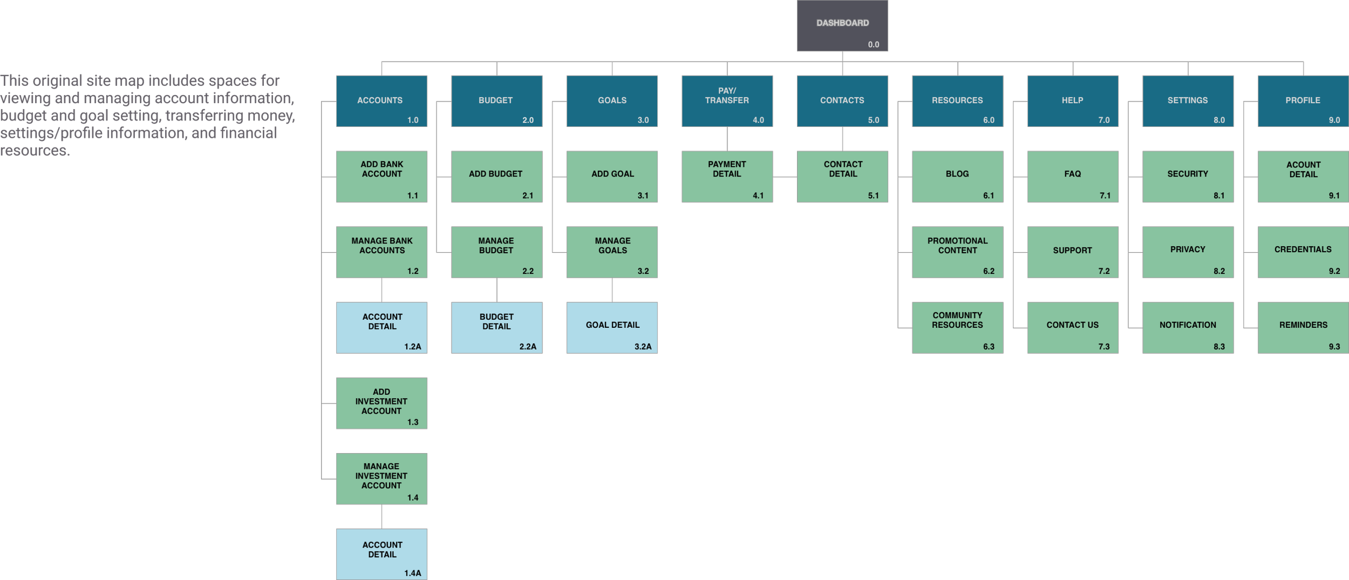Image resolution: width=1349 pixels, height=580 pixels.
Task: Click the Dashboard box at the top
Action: click(x=842, y=25)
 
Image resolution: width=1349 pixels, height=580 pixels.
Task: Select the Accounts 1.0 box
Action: click(x=381, y=101)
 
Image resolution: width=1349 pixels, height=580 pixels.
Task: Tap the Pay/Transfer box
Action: click(x=727, y=101)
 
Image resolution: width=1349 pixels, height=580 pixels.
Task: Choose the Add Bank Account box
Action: click(x=381, y=177)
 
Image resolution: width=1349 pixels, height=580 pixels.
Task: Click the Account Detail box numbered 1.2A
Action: click(x=381, y=328)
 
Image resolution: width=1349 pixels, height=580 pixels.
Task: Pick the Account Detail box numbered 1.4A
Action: click(x=381, y=554)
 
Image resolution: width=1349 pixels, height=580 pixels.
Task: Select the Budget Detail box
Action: click(x=496, y=328)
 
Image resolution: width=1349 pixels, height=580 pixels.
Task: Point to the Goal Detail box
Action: click(x=612, y=328)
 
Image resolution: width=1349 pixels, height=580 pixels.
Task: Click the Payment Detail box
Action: click(x=727, y=177)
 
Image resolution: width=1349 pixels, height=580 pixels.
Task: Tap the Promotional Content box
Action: click(x=957, y=252)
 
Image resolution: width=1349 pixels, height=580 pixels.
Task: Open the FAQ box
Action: click(x=1072, y=177)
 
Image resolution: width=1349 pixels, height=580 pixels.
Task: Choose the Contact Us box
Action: click(x=1072, y=328)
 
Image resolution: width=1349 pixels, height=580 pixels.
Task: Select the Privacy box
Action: click(x=1188, y=252)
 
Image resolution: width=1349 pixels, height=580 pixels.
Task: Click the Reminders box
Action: click(x=1303, y=328)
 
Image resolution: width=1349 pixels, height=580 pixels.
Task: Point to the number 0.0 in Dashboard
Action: click(x=873, y=45)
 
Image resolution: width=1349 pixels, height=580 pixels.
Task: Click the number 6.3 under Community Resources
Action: click(x=988, y=347)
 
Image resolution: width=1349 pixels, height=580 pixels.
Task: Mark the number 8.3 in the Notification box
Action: click(x=1219, y=347)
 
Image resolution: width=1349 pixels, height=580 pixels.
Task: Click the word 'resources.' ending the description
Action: click(x=35, y=151)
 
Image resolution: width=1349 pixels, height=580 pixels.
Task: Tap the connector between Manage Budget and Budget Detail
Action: click(x=497, y=290)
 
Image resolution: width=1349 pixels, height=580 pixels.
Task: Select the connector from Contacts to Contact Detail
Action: click(x=842, y=139)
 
